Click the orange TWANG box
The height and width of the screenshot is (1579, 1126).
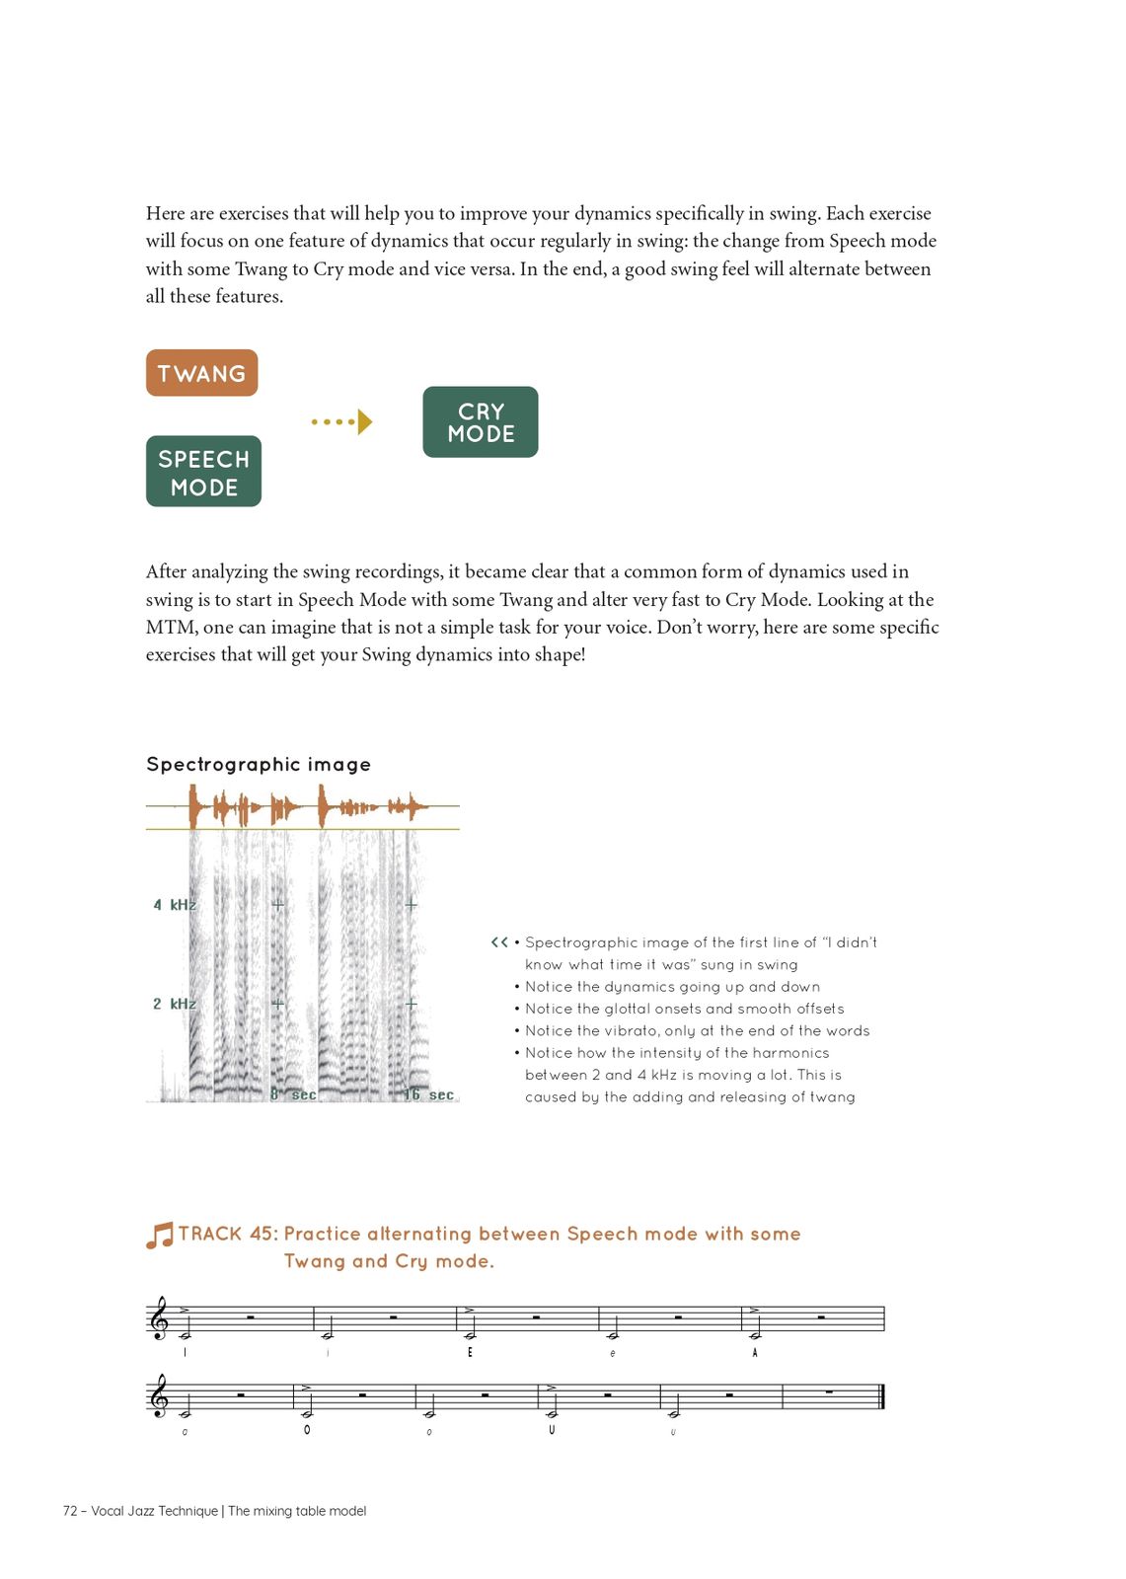pos(201,373)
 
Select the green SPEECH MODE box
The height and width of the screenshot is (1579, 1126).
pos(203,472)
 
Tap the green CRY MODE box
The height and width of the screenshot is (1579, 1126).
pos(481,422)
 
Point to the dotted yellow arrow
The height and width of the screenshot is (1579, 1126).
pos(341,422)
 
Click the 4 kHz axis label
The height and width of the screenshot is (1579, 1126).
pos(174,905)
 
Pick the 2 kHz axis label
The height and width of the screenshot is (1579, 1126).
pos(174,1005)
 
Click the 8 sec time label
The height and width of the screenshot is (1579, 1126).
pos(294,1094)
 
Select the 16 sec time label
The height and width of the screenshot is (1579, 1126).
pos(429,1094)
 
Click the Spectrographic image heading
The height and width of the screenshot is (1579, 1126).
pos(259,764)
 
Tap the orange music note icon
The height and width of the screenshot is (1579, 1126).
pos(159,1236)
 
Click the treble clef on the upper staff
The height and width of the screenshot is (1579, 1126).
pos(158,1319)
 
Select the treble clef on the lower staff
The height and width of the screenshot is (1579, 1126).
pos(158,1396)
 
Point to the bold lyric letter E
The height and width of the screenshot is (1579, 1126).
pos(470,1352)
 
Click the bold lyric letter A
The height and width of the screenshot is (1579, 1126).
pos(755,1352)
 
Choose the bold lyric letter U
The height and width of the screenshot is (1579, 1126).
pos(552,1430)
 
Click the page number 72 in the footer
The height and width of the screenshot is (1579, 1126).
pos(70,1511)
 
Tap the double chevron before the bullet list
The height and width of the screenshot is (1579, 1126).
pos(499,942)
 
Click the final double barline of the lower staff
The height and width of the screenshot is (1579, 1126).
pos(880,1396)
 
